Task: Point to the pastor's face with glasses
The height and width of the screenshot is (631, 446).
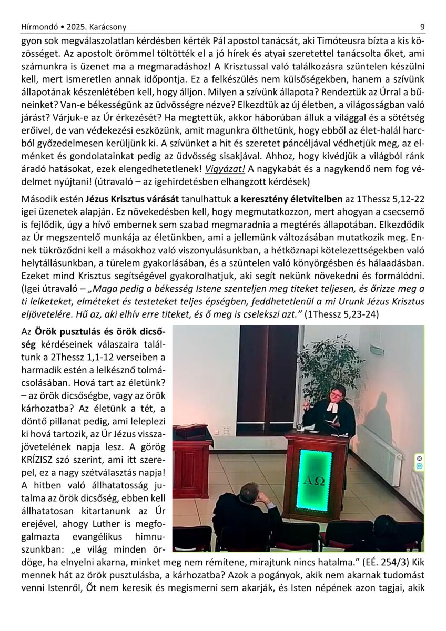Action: pos(337,395)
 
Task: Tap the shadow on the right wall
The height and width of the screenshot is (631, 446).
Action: pos(379,415)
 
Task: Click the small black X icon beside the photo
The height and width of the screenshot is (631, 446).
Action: pos(419,458)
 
